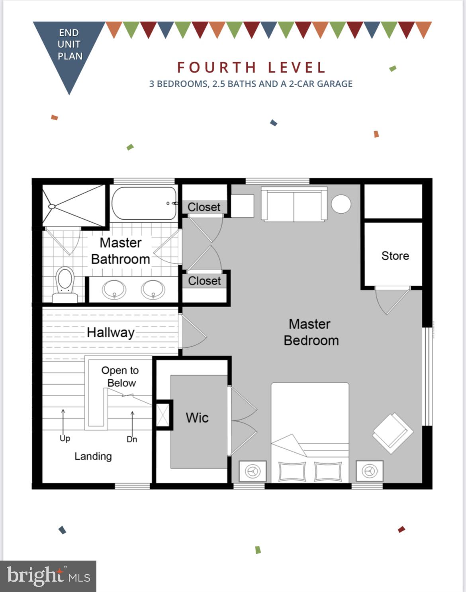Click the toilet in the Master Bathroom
65,285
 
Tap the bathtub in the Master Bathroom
144,203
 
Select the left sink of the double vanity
114,290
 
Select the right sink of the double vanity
153,290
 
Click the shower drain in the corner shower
52,206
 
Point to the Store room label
395,256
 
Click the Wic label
197,418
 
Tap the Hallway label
111,333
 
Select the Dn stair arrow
133,423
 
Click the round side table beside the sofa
341,204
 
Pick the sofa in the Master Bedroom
294,204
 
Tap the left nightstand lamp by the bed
253,471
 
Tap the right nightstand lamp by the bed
369,471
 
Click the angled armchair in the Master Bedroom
392,433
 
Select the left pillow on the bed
292,471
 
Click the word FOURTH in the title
217,68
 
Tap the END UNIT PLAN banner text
70,44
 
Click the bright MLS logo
48,576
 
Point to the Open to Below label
120,377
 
